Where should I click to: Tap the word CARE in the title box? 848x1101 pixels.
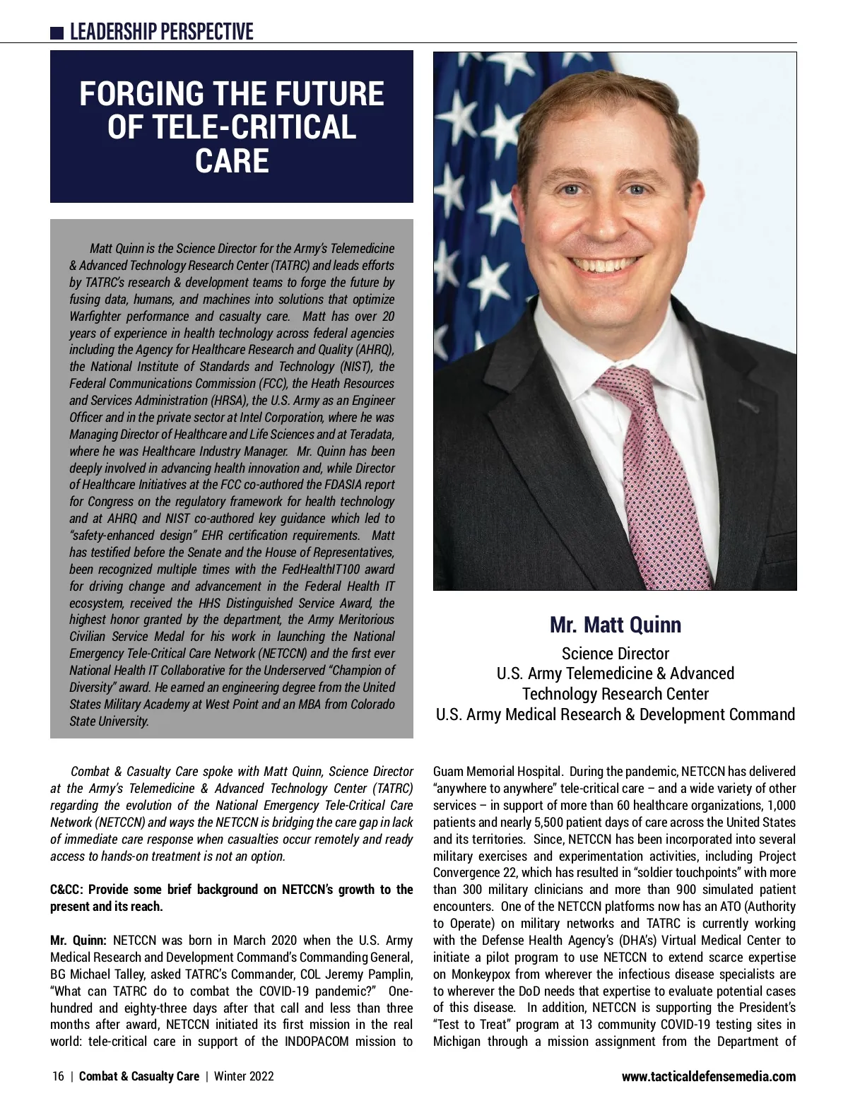pos(232,160)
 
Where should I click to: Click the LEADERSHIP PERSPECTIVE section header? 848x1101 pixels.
pos(161,32)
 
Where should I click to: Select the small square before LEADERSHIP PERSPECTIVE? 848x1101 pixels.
pos(57,33)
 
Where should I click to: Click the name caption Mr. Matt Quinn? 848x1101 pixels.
pos(615,625)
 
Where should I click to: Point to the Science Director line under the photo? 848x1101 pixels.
pos(615,654)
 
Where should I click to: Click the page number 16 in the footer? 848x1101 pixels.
pos(58,1076)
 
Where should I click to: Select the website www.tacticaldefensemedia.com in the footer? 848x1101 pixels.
pos(708,1076)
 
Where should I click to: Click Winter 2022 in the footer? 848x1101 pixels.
pos(244,1076)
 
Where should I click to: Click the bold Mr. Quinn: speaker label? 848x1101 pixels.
pos(78,941)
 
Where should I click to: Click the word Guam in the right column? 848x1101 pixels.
pos(449,772)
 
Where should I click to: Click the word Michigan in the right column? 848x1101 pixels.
pos(456,1042)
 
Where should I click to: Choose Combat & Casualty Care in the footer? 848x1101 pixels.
pos(139,1076)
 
